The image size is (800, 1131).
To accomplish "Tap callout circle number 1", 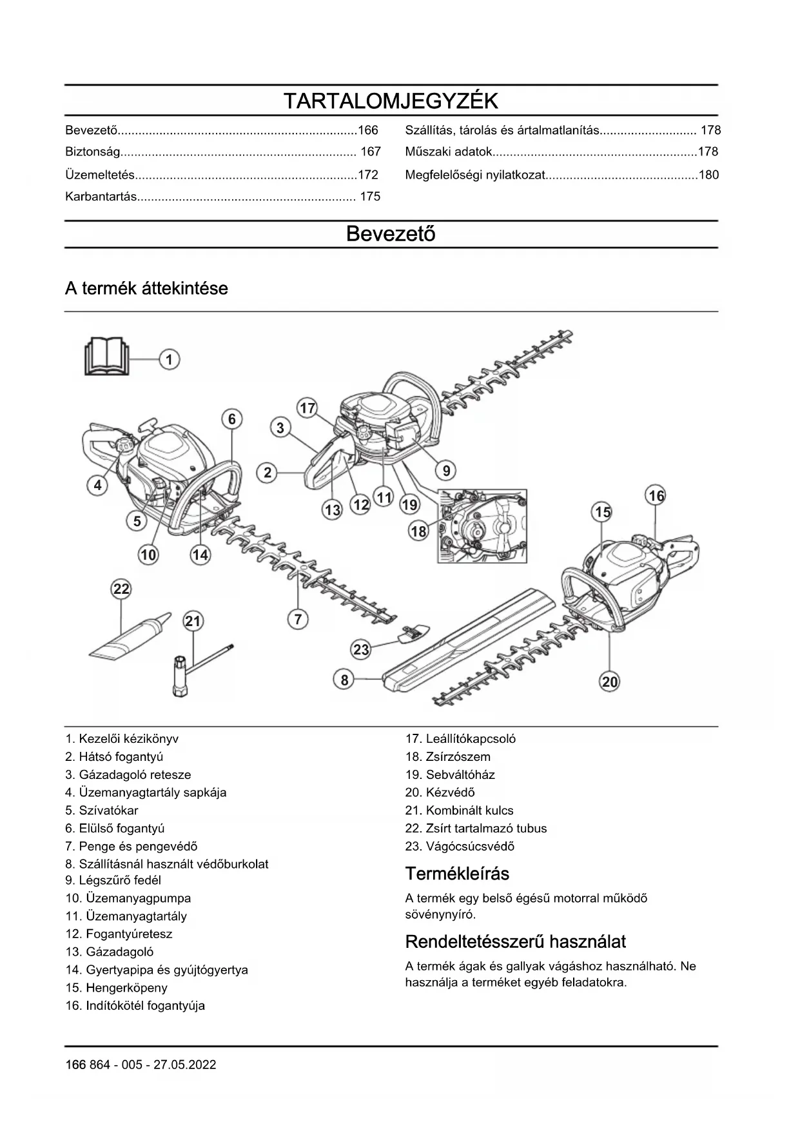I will (169, 359).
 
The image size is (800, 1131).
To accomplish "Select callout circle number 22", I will (121, 588).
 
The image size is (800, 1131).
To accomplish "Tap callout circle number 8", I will (344, 679).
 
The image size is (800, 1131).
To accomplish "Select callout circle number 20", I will (609, 682).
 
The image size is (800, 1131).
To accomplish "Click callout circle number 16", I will (656, 495).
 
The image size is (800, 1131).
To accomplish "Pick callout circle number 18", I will (418, 531).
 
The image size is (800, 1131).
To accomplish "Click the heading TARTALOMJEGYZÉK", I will (391, 101).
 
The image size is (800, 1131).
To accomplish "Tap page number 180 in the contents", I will (708, 175).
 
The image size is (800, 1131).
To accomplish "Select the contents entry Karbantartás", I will (101, 197).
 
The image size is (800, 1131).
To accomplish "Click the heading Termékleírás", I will (457, 874).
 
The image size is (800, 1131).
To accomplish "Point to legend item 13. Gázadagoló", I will (110, 952).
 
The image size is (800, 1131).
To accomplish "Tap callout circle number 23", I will (361, 649).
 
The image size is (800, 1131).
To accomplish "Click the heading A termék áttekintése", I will (146, 288).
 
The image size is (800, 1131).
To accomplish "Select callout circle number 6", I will (232, 419).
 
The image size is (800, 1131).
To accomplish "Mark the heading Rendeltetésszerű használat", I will (515, 941).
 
